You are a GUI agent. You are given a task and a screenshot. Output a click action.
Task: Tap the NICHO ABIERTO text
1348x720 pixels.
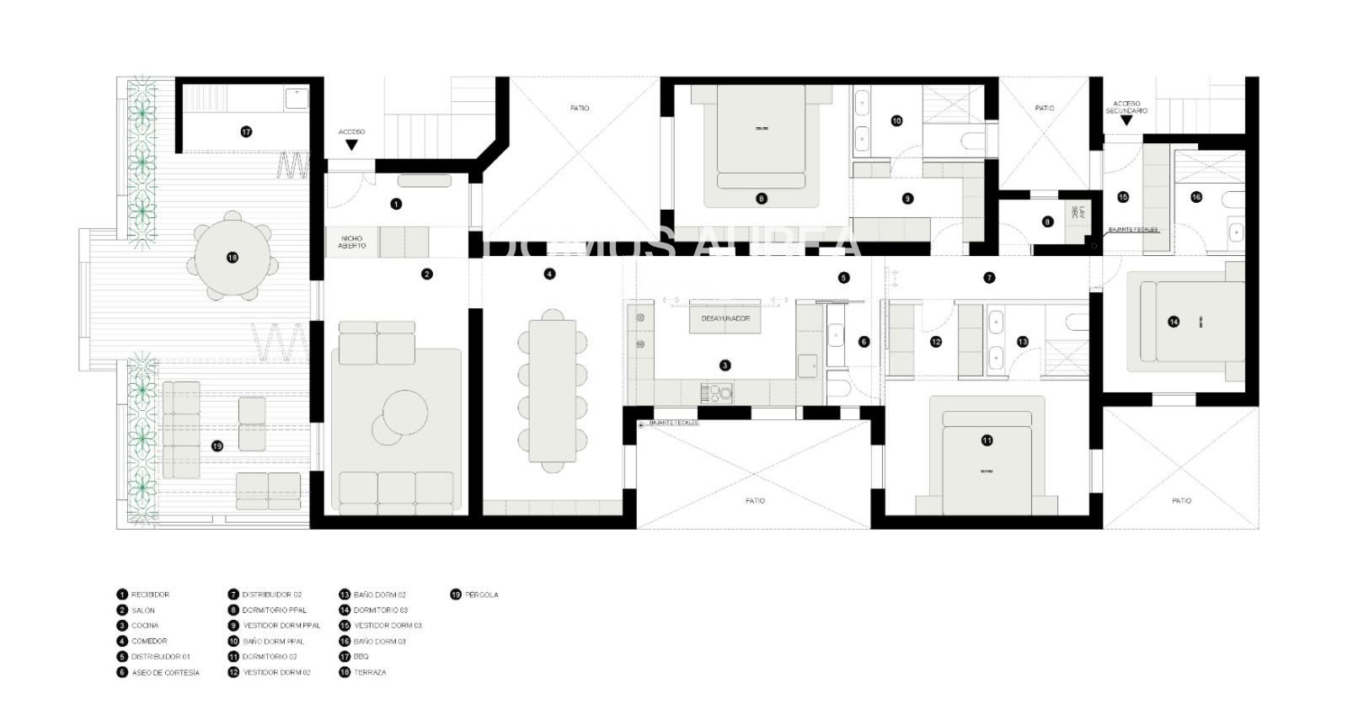point(352,242)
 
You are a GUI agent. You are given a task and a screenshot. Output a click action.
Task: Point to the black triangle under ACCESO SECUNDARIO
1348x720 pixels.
point(1126,121)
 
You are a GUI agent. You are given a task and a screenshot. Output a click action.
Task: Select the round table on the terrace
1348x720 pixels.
point(233,258)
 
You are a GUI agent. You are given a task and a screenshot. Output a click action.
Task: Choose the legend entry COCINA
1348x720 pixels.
point(145,626)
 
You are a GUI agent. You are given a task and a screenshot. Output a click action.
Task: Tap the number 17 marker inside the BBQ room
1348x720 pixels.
point(246,131)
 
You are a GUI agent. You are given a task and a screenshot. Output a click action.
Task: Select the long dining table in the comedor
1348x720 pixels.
point(552,391)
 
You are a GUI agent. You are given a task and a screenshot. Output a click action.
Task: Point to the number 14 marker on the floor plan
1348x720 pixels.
point(1174,322)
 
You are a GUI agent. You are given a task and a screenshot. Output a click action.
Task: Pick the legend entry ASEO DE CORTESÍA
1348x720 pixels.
point(165,673)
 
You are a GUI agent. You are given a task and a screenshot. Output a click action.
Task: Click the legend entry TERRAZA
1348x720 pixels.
point(370,673)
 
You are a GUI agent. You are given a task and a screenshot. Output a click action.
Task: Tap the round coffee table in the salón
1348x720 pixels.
point(399,413)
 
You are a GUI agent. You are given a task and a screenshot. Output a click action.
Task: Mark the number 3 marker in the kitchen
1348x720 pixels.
point(725,365)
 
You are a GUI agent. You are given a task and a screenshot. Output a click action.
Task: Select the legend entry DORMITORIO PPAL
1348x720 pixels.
point(275,611)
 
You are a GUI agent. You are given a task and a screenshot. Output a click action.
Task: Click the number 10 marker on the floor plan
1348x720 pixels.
point(896,120)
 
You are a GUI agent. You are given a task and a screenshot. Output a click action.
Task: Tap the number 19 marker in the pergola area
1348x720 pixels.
point(217,445)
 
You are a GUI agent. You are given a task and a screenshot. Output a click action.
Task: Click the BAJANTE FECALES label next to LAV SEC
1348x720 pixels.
point(1133,229)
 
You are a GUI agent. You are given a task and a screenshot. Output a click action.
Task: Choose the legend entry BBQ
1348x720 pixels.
point(361,657)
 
